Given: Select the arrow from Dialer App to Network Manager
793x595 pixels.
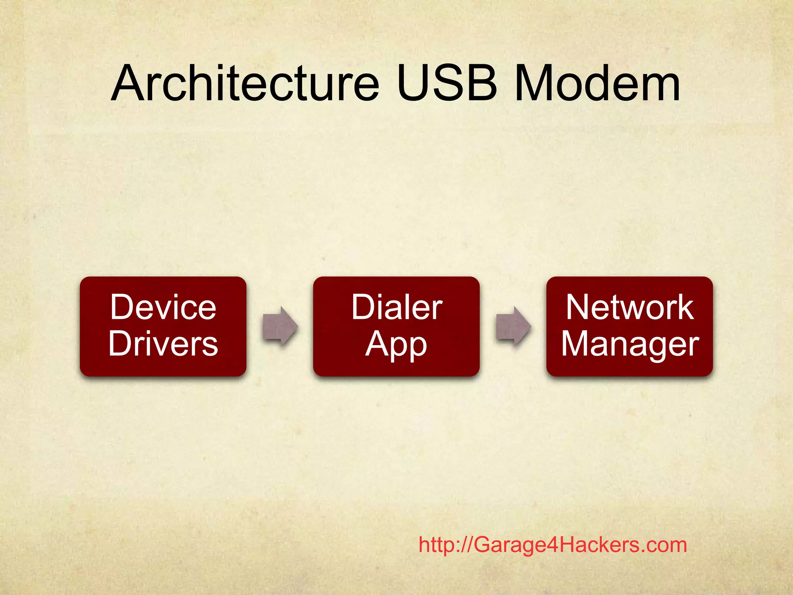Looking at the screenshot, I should point(513,326).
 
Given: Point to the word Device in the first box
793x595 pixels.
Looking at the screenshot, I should point(163,307).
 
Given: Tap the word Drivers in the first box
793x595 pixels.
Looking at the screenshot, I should point(163,344).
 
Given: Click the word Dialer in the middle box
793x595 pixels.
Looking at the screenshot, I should point(396,307).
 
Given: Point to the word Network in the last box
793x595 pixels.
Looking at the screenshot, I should point(630,307).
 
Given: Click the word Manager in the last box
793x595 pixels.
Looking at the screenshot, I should point(630,344).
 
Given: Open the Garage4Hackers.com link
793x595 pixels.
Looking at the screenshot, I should point(553,545).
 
